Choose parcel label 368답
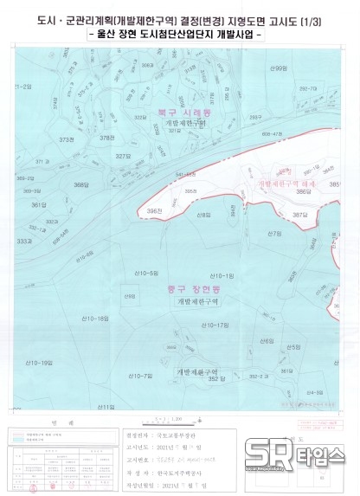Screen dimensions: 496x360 tap(81, 184)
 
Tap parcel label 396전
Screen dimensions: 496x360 tap(155, 211)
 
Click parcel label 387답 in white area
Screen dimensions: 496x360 tap(299, 214)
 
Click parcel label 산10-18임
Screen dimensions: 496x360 tap(96, 319)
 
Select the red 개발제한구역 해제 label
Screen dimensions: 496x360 tap(286, 184)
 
